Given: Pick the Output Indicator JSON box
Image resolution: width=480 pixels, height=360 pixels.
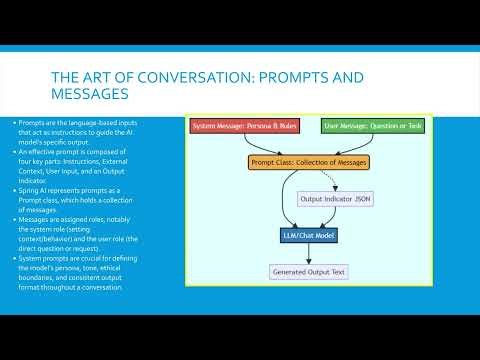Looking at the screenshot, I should pyautogui.click(x=334, y=199).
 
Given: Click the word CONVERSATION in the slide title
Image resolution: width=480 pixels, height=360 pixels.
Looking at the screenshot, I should pyautogui.click(x=159, y=77).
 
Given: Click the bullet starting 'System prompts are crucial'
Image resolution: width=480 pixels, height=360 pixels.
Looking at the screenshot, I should pyautogui.click(x=70, y=274).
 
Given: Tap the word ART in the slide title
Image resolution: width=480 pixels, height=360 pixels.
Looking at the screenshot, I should pyautogui.click(x=83, y=77).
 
